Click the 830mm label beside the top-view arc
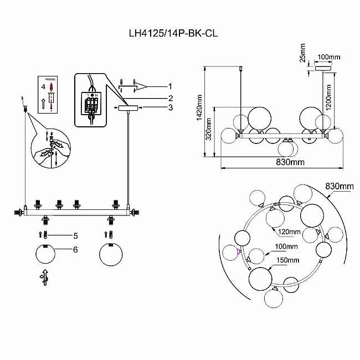(x=338, y=186)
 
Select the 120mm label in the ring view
(x=289, y=232)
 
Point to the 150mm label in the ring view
(x=288, y=260)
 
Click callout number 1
(x=171, y=86)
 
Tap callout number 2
(x=171, y=98)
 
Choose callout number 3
(x=171, y=107)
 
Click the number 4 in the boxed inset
(x=43, y=87)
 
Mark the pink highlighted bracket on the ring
(x=239, y=253)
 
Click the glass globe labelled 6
(x=47, y=257)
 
